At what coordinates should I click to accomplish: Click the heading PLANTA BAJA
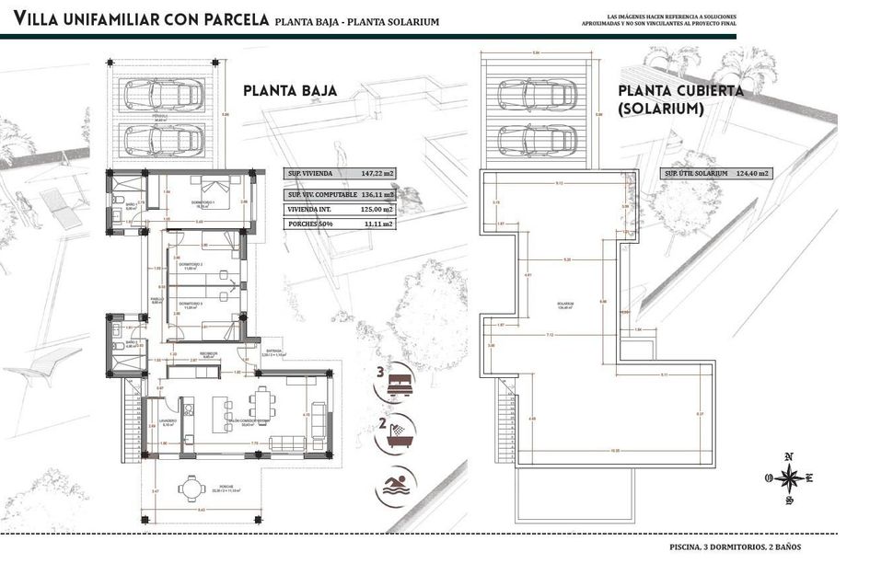[289, 91]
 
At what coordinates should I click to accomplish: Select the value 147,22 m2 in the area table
[377, 173]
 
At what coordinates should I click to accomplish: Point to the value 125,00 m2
[377, 209]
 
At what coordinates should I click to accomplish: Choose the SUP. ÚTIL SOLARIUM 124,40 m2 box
[716, 173]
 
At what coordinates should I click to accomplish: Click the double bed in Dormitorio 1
[218, 192]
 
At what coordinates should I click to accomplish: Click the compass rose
[788, 477]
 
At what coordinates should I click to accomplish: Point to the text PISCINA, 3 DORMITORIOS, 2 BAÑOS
[736, 547]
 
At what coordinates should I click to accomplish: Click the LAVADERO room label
[168, 423]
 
